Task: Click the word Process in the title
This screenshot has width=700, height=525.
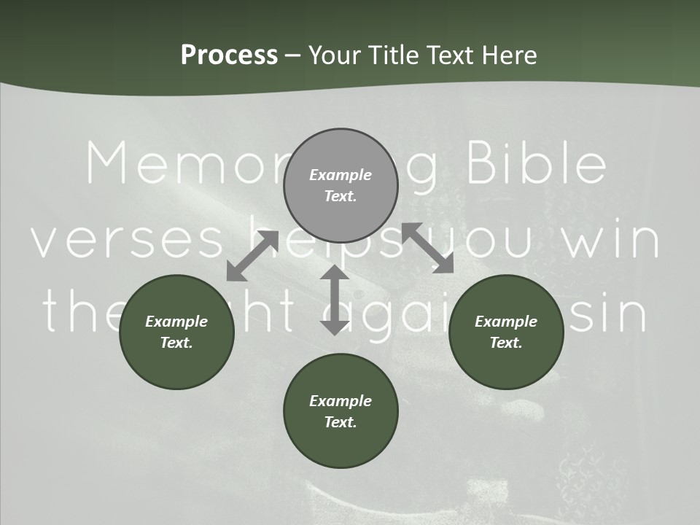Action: click(229, 55)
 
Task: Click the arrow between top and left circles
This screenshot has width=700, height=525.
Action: click(252, 255)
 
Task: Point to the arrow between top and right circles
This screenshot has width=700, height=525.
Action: click(428, 248)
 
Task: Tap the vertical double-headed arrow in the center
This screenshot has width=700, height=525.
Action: click(335, 300)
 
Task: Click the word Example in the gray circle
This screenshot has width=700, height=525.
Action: click(341, 175)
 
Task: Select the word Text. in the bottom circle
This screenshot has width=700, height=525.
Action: click(341, 422)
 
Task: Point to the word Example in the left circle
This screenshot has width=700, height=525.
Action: click(176, 322)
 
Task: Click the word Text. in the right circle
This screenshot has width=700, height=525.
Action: click(505, 343)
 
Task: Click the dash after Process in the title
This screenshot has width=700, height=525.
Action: click(293, 56)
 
